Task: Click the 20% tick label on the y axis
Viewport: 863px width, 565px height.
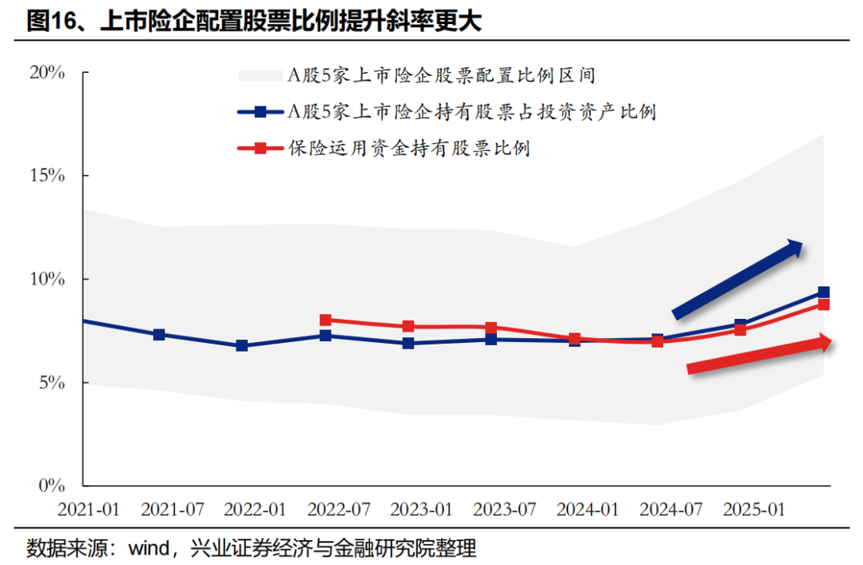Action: (46, 73)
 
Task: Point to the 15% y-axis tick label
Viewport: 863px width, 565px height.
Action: (46, 176)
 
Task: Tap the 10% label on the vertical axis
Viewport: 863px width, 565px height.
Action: (46, 279)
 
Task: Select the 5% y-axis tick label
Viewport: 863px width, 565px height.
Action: (51, 383)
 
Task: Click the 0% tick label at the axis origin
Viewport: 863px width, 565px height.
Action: (51, 486)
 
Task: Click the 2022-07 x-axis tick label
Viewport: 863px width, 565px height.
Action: (339, 510)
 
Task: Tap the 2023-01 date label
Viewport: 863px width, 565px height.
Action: (422, 510)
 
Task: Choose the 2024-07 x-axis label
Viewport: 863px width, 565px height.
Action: (671, 510)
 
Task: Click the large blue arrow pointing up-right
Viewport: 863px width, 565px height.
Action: (738, 279)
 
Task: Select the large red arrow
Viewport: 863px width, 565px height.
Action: (759, 355)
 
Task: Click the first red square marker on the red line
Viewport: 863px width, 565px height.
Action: (325, 320)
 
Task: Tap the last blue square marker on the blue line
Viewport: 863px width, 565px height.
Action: (823, 292)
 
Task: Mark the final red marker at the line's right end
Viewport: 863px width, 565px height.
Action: (823, 304)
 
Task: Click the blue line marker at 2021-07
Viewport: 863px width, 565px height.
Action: (159, 335)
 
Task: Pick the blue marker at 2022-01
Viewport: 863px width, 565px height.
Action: (242, 346)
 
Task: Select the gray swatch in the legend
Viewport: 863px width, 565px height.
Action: (260, 76)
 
